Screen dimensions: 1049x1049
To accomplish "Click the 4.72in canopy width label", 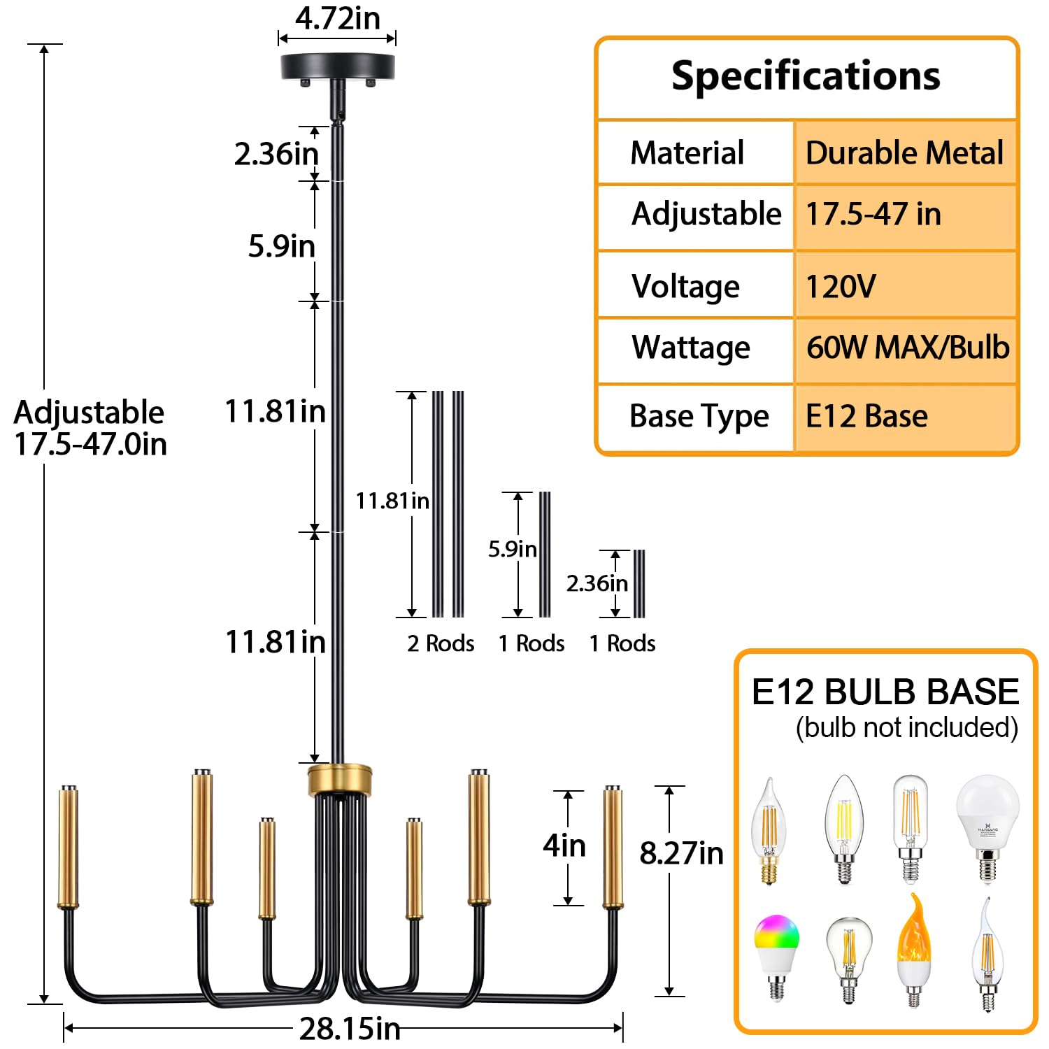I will click(x=337, y=19).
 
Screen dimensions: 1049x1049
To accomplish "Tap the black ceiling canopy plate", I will click(x=338, y=67).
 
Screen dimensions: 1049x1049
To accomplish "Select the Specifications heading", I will click(x=806, y=76).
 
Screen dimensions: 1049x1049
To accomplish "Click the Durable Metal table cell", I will click(x=904, y=152).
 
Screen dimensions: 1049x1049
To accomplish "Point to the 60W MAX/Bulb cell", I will click(x=907, y=348).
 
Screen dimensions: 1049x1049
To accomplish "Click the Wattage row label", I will click(x=690, y=348).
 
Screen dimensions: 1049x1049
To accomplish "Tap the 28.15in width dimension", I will click(x=350, y=1029).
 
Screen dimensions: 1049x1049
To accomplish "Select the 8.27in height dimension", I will click(x=681, y=853).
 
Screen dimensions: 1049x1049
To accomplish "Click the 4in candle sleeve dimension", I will click(x=564, y=846).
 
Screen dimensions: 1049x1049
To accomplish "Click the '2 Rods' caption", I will click(x=441, y=643).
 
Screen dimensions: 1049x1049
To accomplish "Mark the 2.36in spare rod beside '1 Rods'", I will click(x=639, y=584).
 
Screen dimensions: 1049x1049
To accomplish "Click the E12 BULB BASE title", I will click(x=885, y=692).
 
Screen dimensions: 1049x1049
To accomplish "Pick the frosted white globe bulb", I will click(x=987, y=825).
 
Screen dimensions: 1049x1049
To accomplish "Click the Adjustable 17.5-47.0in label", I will click(x=90, y=428).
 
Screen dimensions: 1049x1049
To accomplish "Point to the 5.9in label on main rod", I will click(x=281, y=246).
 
